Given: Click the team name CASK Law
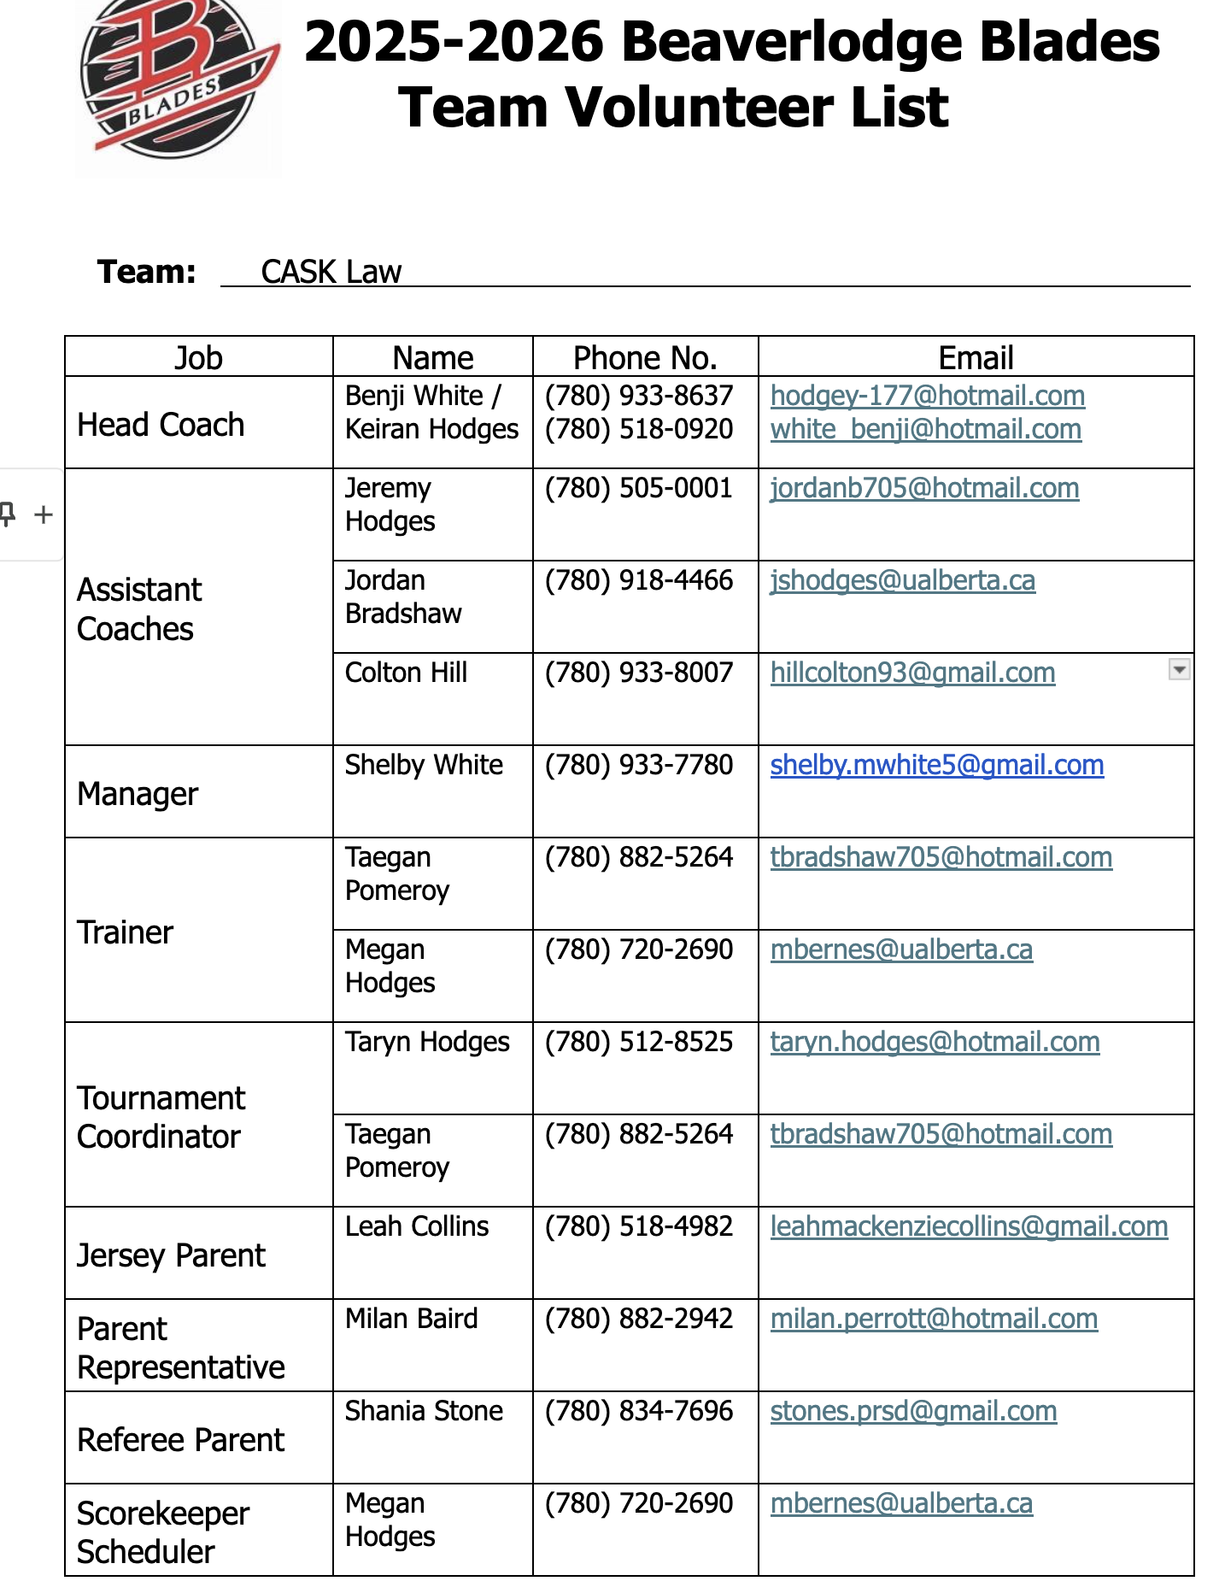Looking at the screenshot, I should coord(331,272).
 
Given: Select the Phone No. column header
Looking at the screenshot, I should coord(645,357).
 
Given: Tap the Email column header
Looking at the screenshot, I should coord(976,357).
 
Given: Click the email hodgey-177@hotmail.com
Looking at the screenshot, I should coord(927,396).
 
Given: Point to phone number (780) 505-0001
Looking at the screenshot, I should coord(639,488).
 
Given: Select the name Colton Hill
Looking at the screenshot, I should coord(406,673).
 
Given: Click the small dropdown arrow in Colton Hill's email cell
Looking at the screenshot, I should coord(1179,670).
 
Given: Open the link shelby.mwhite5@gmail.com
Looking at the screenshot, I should coord(936,765).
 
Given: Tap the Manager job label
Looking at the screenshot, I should coord(138,794).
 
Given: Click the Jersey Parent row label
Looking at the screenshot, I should coord(171,1255).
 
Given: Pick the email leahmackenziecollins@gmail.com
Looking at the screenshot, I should coord(969,1226).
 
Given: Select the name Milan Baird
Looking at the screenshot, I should coord(411,1319).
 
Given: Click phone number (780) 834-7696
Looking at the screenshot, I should coord(639,1411).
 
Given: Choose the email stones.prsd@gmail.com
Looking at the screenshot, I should coord(913,1411).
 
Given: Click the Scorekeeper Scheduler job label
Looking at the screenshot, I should coord(162,1532).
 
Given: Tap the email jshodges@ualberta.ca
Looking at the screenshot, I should coord(902,580).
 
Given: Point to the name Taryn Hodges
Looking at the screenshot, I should coord(427,1042).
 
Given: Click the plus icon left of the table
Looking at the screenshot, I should coord(43,514).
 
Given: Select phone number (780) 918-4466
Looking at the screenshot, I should coord(639,580).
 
